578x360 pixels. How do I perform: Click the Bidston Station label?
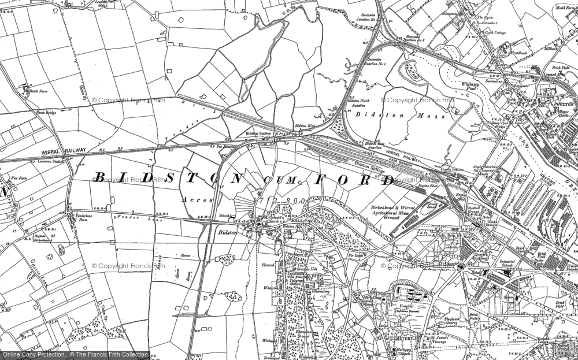258,133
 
